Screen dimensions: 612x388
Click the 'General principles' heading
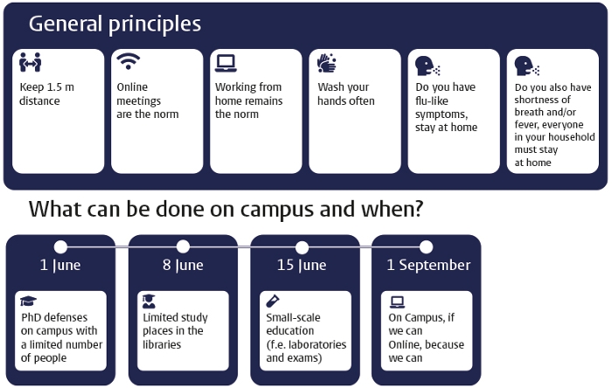click(x=115, y=24)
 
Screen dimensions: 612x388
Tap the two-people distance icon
click(x=30, y=62)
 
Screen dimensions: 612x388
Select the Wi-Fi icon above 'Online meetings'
click(x=129, y=61)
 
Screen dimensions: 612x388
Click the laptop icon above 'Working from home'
click(x=226, y=63)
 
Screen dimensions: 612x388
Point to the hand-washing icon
click(x=327, y=63)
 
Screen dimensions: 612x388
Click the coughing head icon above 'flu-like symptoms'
click(x=428, y=66)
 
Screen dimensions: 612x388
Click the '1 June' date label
click(x=60, y=265)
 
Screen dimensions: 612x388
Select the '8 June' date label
click(x=183, y=265)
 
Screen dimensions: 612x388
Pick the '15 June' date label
click(x=302, y=265)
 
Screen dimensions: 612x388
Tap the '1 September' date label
click(x=428, y=265)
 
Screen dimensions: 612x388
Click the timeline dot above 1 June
click(x=60, y=246)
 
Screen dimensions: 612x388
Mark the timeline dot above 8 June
click(x=183, y=246)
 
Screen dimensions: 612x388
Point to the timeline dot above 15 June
click(x=302, y=247)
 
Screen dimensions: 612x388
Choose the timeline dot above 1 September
click(x=426, y=247)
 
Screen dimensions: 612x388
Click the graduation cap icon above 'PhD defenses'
click(x=28, y=301)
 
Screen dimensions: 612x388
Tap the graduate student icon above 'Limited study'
click(x=149, y=301)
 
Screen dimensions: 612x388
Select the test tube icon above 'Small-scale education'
click(x=273, y=301)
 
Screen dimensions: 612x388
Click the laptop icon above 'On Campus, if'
click(x=397, y=301)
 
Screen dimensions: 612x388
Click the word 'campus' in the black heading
click(x=277, y=211)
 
